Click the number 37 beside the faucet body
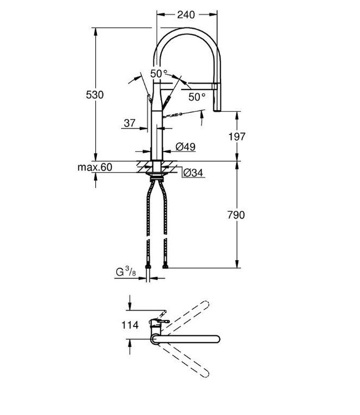pos(130,124)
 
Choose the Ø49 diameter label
pos(184,147)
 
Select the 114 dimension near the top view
pos(130,325)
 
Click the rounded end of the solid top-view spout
pos(218,339)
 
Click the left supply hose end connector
pos(148,269)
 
